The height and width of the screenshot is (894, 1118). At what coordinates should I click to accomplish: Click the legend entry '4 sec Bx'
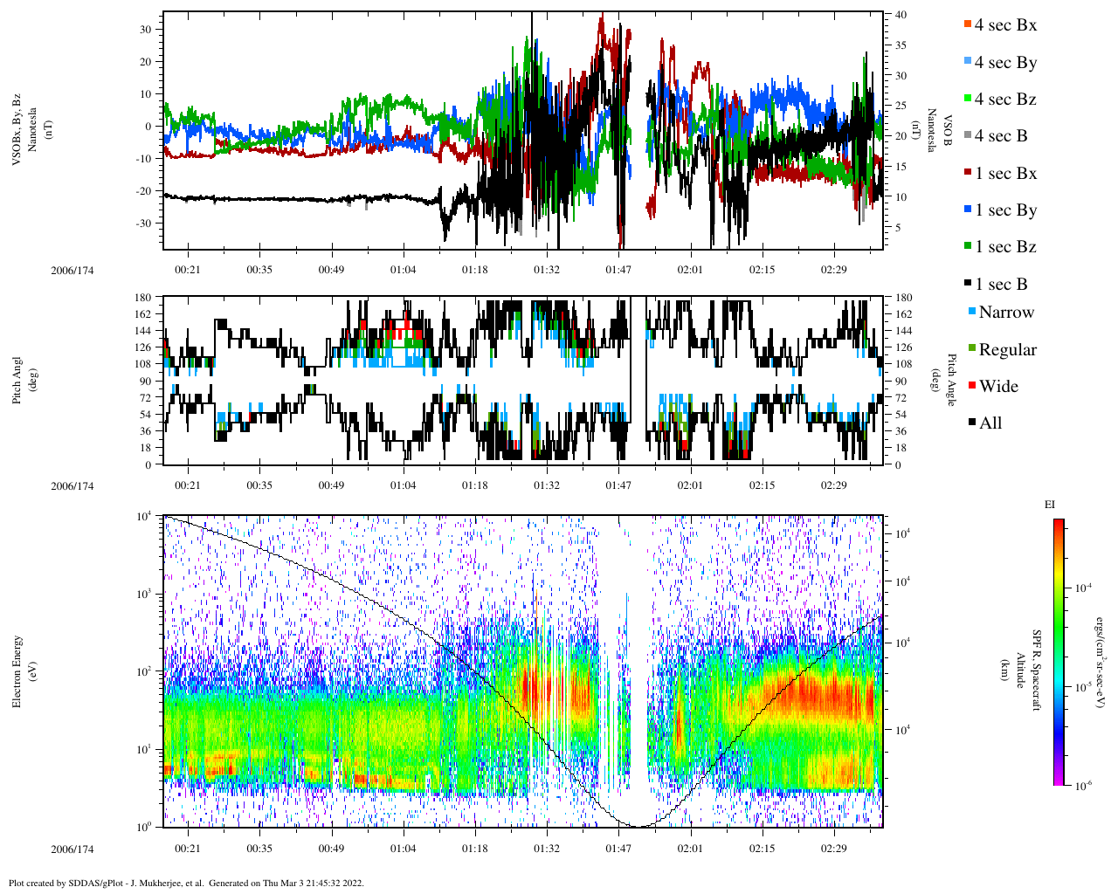coord(1004,25)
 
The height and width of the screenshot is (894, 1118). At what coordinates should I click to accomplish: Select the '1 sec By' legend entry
coord(1004,210)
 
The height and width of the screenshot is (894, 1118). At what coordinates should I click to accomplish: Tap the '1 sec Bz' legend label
coord(1004,247)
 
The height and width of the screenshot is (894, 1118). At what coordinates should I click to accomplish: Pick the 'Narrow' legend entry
coord(1005,313)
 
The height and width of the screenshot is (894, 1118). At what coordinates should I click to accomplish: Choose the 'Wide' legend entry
coord(997,387)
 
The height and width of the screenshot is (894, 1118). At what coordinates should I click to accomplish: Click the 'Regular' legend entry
coord(1007,350)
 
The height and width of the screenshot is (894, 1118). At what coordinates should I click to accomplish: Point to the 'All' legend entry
coord(990,423)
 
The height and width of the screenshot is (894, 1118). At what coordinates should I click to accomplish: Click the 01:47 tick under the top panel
coord(618,270)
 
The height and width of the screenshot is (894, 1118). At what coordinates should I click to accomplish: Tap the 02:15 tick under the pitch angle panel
coord(762,485)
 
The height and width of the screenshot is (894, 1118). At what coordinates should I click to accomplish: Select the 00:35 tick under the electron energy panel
coord(259,849)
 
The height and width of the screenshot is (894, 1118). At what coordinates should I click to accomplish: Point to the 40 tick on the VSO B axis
coord(900,15)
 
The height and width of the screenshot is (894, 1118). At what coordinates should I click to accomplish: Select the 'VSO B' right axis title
coord(939,131)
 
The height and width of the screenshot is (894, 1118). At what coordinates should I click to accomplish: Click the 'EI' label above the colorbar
coord(1050,505)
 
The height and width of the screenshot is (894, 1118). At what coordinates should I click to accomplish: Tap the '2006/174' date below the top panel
coord(72,270)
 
